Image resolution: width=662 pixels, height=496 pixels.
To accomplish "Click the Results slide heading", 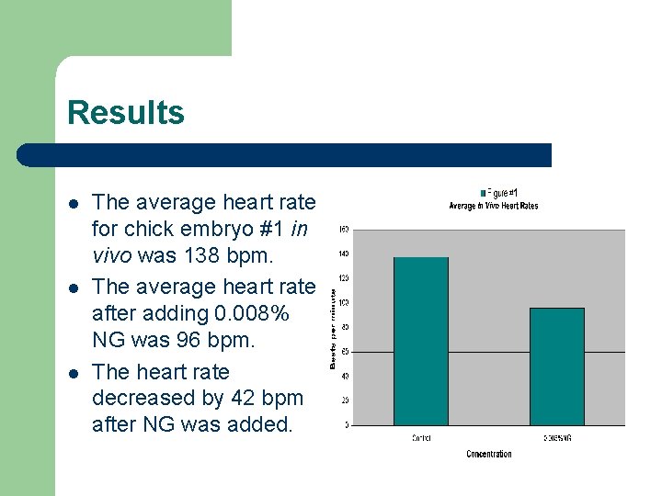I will click(126, 113).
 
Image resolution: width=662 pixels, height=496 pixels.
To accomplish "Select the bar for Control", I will click(420, 341).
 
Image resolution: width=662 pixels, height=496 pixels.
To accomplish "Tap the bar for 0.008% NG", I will click(557, 366).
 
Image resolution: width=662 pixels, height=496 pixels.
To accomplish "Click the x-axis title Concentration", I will click(489, 454).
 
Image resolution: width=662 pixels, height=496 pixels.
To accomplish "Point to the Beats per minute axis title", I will click(333, 326).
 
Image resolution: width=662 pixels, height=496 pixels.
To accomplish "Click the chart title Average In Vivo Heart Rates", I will click(493, 206).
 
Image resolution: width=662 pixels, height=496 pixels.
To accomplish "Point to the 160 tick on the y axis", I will click(343, 230).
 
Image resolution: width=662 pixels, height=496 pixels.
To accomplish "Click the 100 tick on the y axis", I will click(343, 302).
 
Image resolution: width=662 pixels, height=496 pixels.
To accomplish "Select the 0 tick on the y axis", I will click(346, 424).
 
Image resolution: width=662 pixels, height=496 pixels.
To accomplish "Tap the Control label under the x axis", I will click(420, 438).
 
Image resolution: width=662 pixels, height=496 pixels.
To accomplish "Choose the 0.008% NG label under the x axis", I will click(557, 438).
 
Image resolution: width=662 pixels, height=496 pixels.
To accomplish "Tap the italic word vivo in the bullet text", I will click(113, 254).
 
